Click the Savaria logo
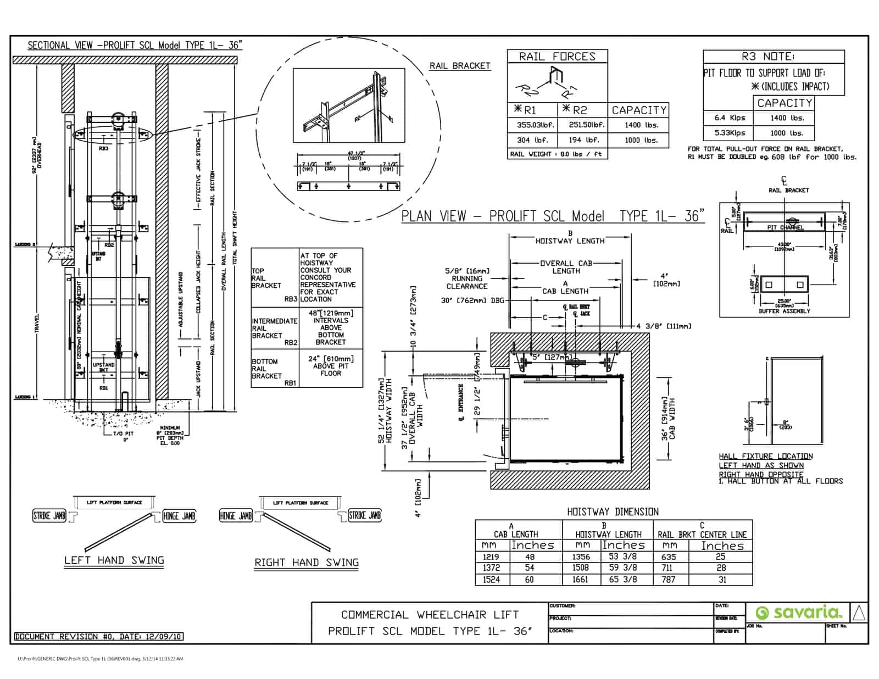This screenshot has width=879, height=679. (x=798, y=613)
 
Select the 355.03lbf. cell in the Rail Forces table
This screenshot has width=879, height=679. (x=531, y=125)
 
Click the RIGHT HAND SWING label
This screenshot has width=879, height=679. (x=306, y=563)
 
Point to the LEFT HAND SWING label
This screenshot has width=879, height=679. (x=114, y=560)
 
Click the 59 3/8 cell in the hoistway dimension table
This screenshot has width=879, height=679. (x=622, y=568)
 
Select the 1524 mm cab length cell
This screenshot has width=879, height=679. (x=491, y=580)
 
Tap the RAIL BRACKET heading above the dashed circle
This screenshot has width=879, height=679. (x=459, y=66)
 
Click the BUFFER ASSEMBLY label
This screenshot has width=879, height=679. (x=784, y=311)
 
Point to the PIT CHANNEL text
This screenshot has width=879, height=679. (x=785, y=227)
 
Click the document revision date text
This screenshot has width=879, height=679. (x=98, y=637)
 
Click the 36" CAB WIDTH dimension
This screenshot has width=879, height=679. (x=668, y=419)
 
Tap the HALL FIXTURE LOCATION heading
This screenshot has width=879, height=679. (x=765, y=456)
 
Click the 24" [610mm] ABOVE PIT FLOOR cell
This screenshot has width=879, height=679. (x=330, y=366)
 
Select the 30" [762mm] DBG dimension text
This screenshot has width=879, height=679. (x=472, y=300)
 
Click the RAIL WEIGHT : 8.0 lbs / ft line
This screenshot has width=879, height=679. (x=556, y=154)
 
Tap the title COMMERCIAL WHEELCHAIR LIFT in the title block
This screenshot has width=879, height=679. (x=429, y=615)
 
